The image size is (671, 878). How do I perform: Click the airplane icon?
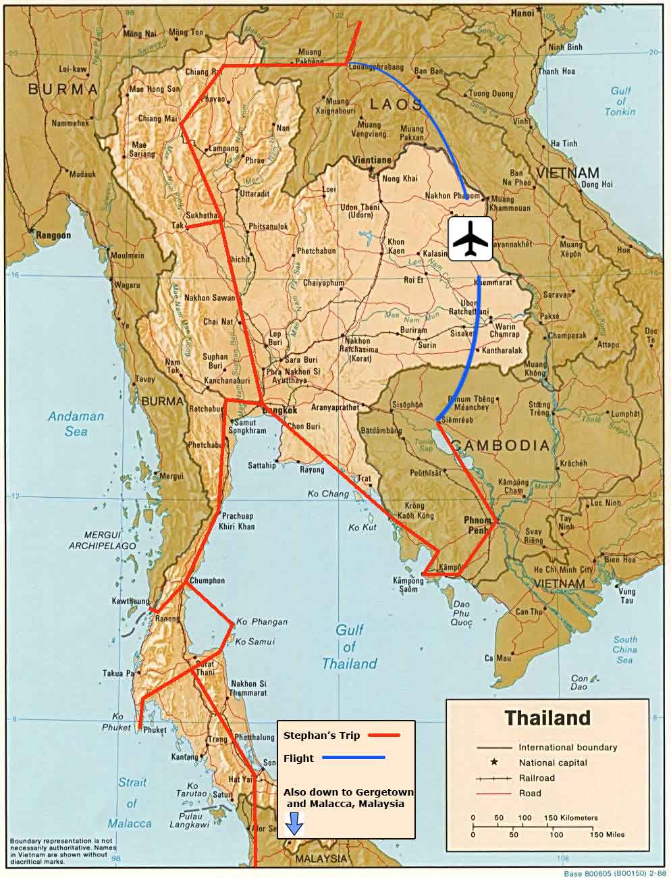pyautogui.click(x=470, y=238)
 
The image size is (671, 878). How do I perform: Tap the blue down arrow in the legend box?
pyautogui.click(x=294, y=825)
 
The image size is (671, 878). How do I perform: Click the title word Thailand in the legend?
pyautogui.click(x=547, y=717)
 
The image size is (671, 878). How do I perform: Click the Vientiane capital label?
pyautogui.click(x=372, y=160)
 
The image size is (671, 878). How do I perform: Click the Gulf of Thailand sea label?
pyautogui.click(x=349, y=646)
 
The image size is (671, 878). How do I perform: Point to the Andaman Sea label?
pyautogui.click(x=76, y=423)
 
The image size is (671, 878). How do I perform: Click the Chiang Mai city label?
pyautogui.click(x=158, y=119)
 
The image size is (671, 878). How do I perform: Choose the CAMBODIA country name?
pyautogui.click(x=500, y=445)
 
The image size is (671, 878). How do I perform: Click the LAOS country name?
pyautogui.click(x=396, y=104)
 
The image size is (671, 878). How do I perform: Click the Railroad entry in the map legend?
pyautogui.click(x=537, y=777)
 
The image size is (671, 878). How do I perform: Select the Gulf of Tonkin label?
pyautogui.click(x=620, y=101)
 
